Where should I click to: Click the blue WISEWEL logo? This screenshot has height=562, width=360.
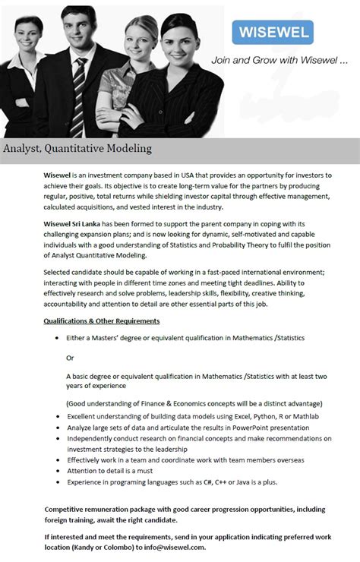click(x=272, y=33)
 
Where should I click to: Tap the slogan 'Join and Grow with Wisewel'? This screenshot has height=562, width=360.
click(x=279, y=60)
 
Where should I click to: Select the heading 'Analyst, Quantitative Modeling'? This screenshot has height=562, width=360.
click(x=77, y=149)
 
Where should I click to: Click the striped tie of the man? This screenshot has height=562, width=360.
click(x=79, y=87)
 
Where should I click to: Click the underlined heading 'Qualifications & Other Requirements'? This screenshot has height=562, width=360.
click(x=102, y=321)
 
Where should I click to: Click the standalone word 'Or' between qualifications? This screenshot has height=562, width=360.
click(x=71, y=357)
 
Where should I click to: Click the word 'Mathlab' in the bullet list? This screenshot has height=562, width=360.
click(x=305, y=417)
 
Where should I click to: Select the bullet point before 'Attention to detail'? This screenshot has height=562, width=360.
click(x=59, y=471)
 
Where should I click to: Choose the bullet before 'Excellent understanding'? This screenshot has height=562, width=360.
click(x=59, y=417)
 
